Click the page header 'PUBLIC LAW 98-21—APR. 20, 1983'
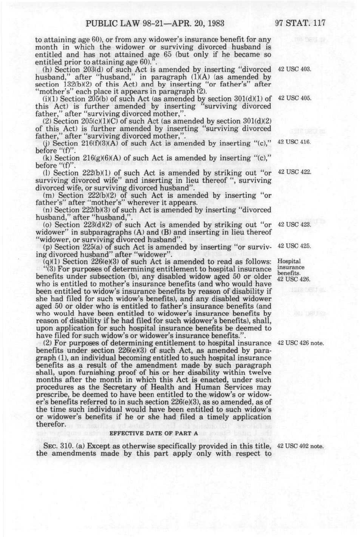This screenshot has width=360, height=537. coord(155,23)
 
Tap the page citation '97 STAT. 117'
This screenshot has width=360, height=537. coord(300,23)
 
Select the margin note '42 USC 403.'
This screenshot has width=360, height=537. coord(295,70)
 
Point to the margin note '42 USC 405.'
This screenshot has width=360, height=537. coord(295,98)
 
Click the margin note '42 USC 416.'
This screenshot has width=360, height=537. coord(295,142)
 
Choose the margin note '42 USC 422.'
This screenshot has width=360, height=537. coord(295,172)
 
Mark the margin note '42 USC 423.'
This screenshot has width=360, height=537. coord(295,224)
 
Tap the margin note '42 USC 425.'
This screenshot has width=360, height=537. coord(295,246)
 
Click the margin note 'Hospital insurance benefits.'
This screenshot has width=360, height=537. coord(291,267)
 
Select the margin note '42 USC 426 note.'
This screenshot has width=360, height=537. coord(301,344)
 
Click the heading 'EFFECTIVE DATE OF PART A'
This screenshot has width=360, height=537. coord(154,433)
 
